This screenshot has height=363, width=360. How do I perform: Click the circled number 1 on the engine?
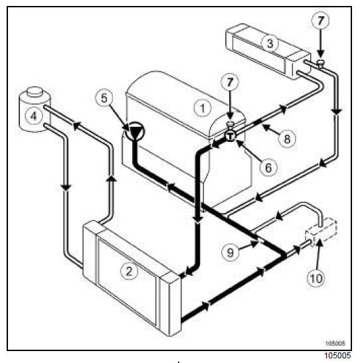pyautogui.click(x=203, y=108)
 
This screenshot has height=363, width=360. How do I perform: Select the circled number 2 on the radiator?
pyautogui.click(x=129, y=271)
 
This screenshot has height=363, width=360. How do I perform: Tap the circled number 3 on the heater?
pyautogui.click(x=270, y=43)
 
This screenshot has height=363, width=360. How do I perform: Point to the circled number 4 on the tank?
pyautogui.click(x=34, y=115)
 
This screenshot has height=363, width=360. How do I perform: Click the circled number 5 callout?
pyautogui.click(x=104, y=98)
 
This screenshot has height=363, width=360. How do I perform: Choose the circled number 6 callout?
pyautogui.click(x=268, y=167)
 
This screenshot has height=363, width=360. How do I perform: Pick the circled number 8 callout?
pyautogui.click(x=287, y=139)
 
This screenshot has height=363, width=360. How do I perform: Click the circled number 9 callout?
pyautogui.click(x=230, y=252)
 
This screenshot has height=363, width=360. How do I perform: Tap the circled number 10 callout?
pyautogui.click(x=316, y=278)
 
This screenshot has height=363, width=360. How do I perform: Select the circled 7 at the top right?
pyautogui.click(x=320, y=21)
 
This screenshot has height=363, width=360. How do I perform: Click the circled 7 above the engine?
pyautogui.click(x=230, y=82)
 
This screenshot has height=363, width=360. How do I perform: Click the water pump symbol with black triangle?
pyautogui.click(x=135, y=132)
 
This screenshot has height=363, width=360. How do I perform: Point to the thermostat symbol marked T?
pyautogui.click(x=230, y=136)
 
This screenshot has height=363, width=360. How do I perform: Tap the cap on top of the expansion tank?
pyautogui.click(x=35, y=91)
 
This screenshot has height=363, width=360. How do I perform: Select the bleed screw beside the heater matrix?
pyautogui.click(x=320, y=63)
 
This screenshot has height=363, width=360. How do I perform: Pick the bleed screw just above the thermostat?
pyautogui.click(x=230, y=125)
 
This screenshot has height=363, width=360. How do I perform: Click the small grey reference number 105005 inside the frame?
pyautogui.click(x=335, y=343)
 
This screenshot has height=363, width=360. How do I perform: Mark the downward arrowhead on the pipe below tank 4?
pyautogui.click(x=66, y=188)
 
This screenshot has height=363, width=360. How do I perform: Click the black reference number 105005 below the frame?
pyautogui.click(x=337, y=355)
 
